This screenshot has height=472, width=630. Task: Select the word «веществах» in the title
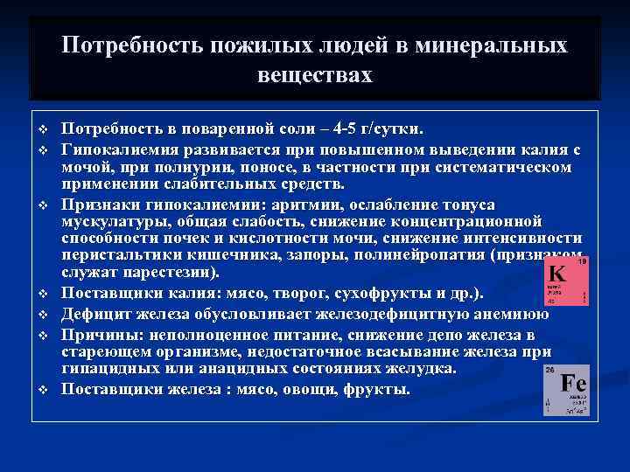pos(315,75)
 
